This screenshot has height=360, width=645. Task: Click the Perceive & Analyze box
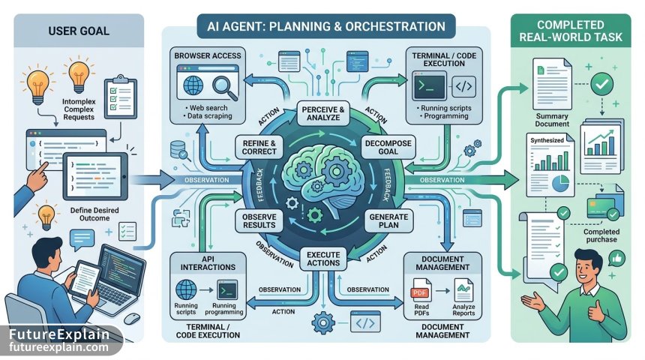323,113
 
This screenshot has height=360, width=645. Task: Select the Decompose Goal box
388,147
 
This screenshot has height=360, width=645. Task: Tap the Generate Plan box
388,221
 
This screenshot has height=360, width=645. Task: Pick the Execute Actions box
323,259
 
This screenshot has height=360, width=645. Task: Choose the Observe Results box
259,221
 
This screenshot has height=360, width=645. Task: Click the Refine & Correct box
259,147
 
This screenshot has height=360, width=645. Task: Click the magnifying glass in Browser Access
224,88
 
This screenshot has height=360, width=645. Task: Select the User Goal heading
79,31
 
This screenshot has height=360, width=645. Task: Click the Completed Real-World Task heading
571,31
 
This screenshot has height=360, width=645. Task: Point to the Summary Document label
552,120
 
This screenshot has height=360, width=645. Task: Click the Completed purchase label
601,235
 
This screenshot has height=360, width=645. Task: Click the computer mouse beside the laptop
132,318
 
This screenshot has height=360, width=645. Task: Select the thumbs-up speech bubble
616,259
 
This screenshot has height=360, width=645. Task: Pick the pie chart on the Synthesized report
560,183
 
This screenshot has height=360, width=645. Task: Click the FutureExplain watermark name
59,334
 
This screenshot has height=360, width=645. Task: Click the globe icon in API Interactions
186,289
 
